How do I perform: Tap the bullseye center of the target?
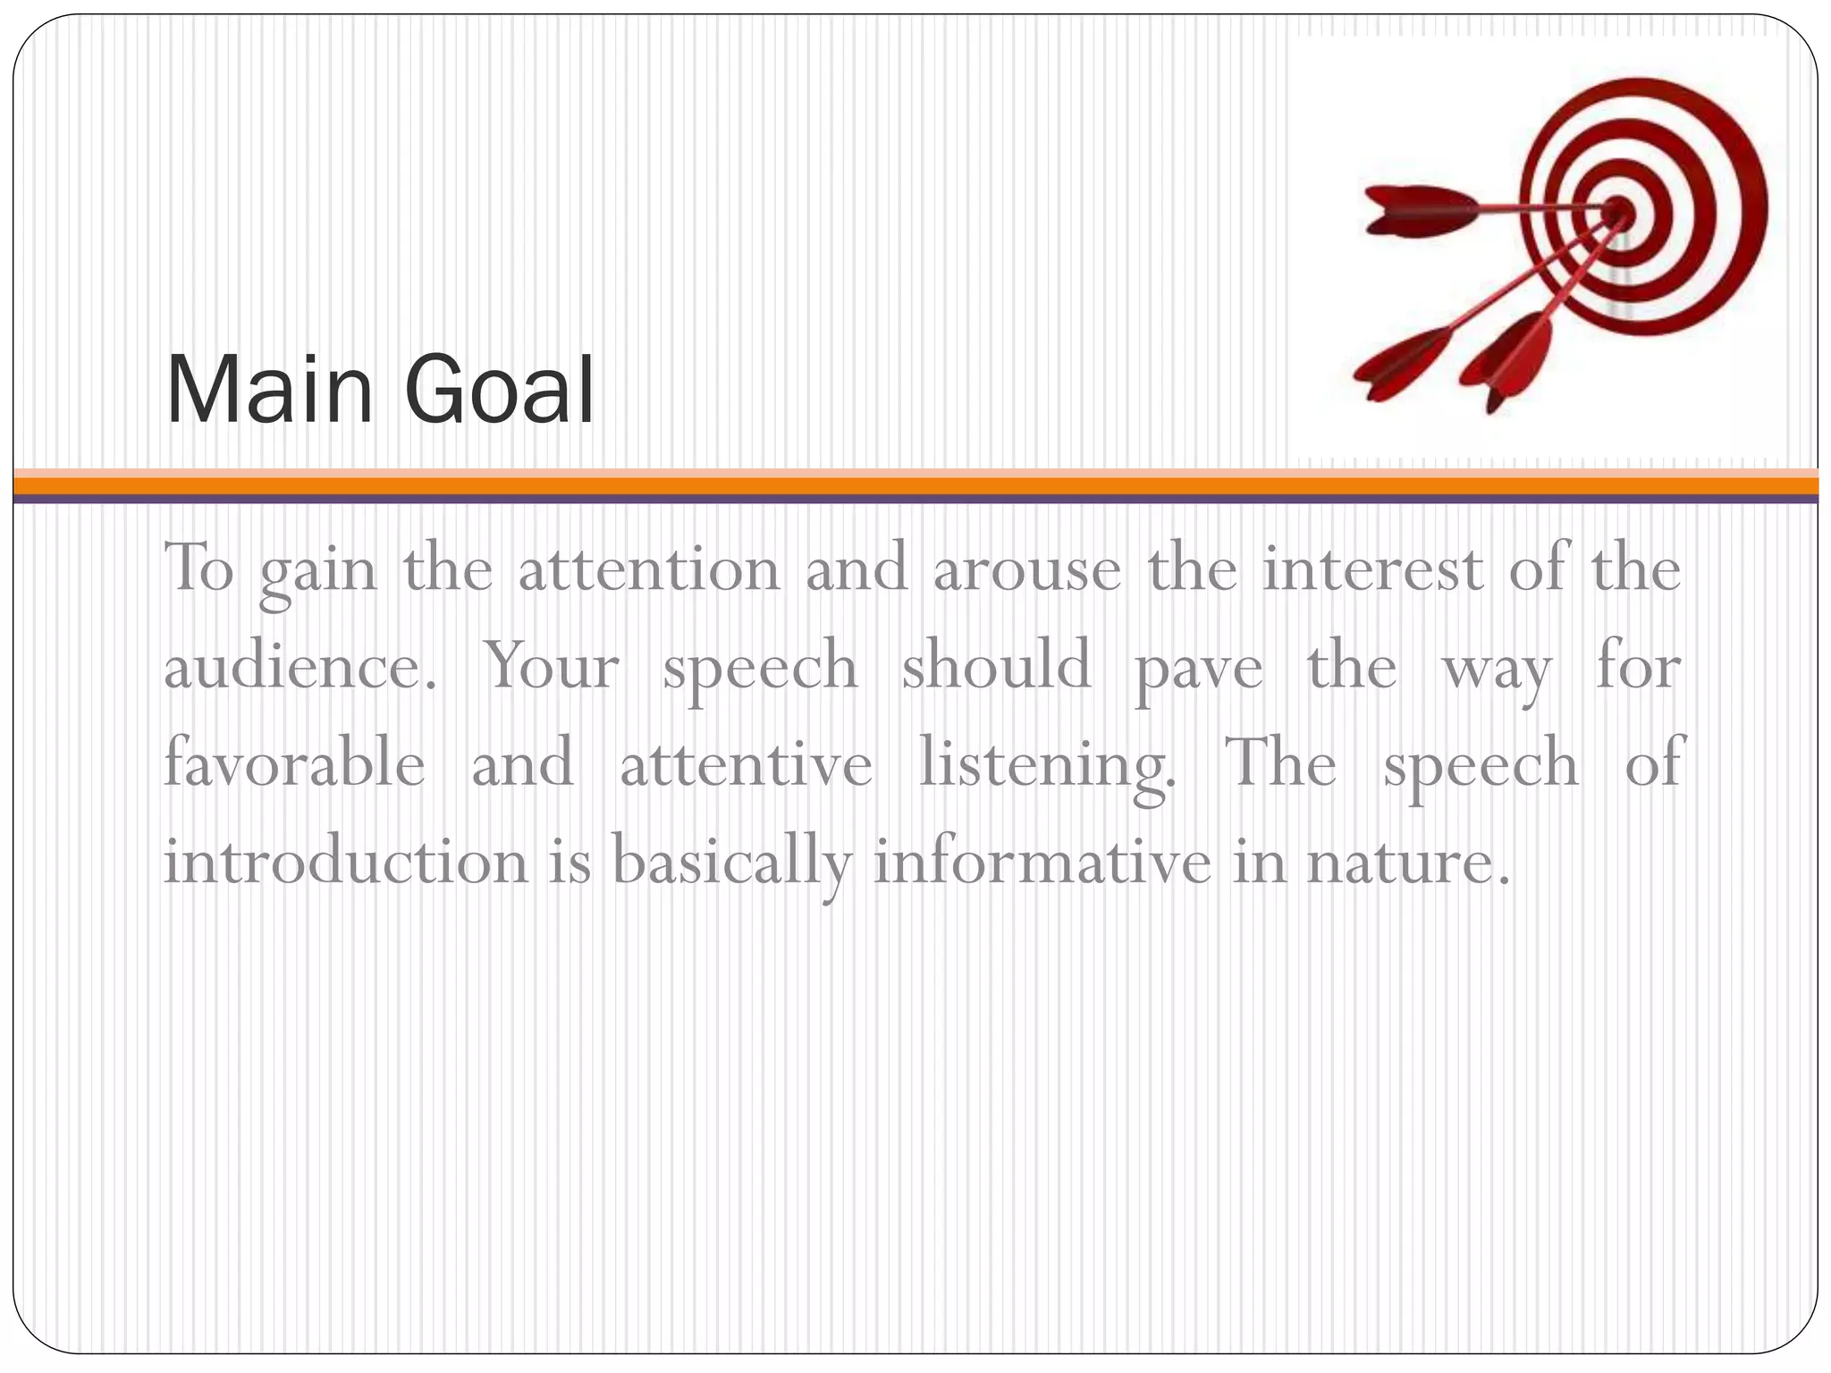point(1618,213)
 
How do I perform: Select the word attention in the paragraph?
point(650,569)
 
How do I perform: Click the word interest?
point(1372,569)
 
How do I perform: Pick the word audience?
point(300,668)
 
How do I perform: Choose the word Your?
point(552,668)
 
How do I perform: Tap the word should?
point(996,666)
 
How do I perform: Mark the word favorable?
point(294,764)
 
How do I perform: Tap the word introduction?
point(346,863)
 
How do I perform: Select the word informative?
point(1042,863)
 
